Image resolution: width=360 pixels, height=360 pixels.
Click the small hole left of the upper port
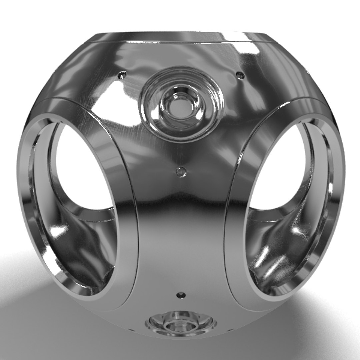click(123, 75)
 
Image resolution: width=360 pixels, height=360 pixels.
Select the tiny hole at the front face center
click(181, 172)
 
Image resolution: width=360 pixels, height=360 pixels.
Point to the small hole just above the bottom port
click(181, 295)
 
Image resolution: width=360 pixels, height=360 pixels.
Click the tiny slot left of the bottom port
click(132, 330)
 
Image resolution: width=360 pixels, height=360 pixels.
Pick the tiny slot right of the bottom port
click(230, 330)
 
